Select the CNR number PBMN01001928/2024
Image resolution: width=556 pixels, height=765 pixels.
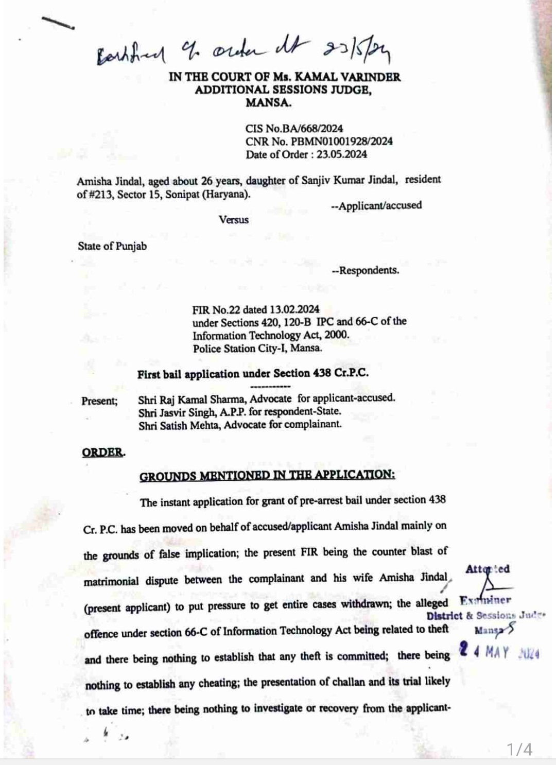[x=341, y=142]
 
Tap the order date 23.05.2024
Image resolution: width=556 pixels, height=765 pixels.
[x=342, y=154]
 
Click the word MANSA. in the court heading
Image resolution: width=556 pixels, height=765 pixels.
[x=268, y=102]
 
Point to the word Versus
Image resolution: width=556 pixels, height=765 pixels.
[x=233, y=220]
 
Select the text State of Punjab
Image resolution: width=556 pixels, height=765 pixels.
[x=112, y=246]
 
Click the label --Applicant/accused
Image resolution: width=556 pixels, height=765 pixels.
[x=376, y=205]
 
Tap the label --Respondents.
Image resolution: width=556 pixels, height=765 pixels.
[x=366, y=270]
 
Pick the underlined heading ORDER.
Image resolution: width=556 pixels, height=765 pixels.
[x=103, y=453]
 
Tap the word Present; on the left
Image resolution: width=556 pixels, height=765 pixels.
[x=99, y=401]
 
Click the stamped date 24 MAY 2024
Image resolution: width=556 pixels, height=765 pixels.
[x=499, y=652]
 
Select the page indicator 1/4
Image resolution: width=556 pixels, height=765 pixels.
[x=519, y=749]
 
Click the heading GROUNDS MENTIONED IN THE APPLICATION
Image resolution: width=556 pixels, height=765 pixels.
[x=267, y=475]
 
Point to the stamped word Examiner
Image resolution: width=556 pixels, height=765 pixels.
[x=485, y=600]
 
